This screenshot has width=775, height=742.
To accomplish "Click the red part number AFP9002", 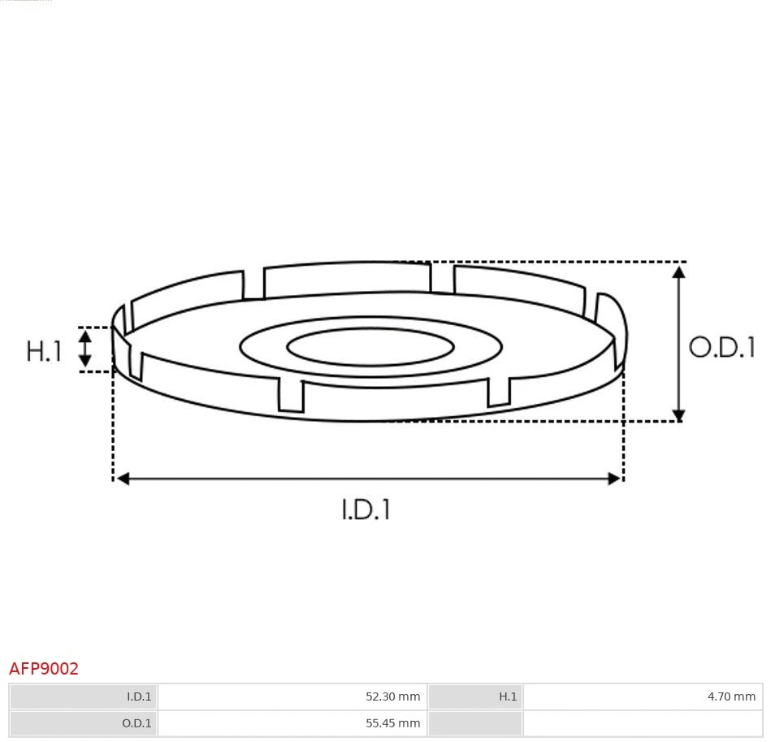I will [44, 669].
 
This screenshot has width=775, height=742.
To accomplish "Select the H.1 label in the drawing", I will [45, 351].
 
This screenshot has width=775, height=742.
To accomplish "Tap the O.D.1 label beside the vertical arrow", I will [722, 348].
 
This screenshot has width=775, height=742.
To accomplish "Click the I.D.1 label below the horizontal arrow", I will [366, 510].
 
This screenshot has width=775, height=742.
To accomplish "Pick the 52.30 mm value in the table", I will [392, 696].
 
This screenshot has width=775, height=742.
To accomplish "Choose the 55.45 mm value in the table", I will [392, 722].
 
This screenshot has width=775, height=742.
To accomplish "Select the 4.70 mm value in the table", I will [731, 696].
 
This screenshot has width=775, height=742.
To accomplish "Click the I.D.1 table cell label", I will [139, 696].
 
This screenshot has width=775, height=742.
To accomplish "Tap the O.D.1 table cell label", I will [137, 722].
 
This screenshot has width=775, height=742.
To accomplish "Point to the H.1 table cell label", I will [508, 696].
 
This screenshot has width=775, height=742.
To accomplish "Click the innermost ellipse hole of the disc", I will [370, 348].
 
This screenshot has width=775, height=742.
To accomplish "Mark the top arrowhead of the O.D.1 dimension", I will [679, 271].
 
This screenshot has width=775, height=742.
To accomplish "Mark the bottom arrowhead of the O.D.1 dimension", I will [679, 414].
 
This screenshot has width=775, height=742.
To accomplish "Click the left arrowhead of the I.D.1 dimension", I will [123, 479].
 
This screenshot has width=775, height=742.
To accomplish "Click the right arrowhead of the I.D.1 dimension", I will [614, 479].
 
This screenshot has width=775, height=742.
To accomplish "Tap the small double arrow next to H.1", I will [84, 349].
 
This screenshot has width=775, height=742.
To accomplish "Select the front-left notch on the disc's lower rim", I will [291, 395].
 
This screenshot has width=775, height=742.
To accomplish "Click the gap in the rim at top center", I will [442, 278].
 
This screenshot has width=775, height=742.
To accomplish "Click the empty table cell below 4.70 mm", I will [643, 722].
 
